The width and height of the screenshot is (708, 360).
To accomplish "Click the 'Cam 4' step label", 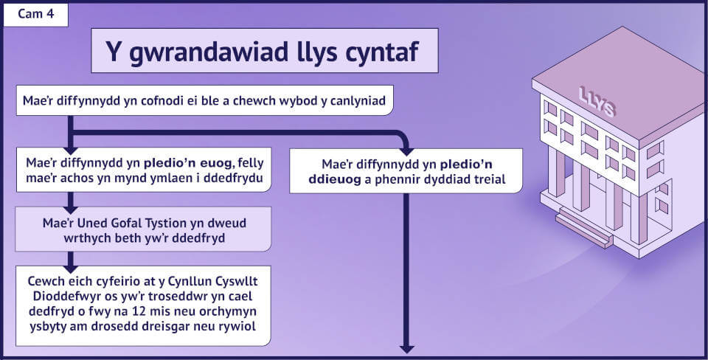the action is pos(35,13).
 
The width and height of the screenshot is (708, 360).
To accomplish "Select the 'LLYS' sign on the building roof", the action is pos(597,102).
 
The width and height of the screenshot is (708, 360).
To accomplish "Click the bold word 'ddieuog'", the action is pos(335,179).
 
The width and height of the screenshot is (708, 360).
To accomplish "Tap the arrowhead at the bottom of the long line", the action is pos(407,349).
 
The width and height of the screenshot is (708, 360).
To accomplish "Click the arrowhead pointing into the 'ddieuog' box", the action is pos(407,151).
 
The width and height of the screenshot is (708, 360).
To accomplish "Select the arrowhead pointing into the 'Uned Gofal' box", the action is pos(70,210).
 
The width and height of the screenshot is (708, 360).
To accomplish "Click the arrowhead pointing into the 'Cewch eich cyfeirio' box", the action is pos(70,269).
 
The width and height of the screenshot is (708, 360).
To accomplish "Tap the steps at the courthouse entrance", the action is pos(584,228).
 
